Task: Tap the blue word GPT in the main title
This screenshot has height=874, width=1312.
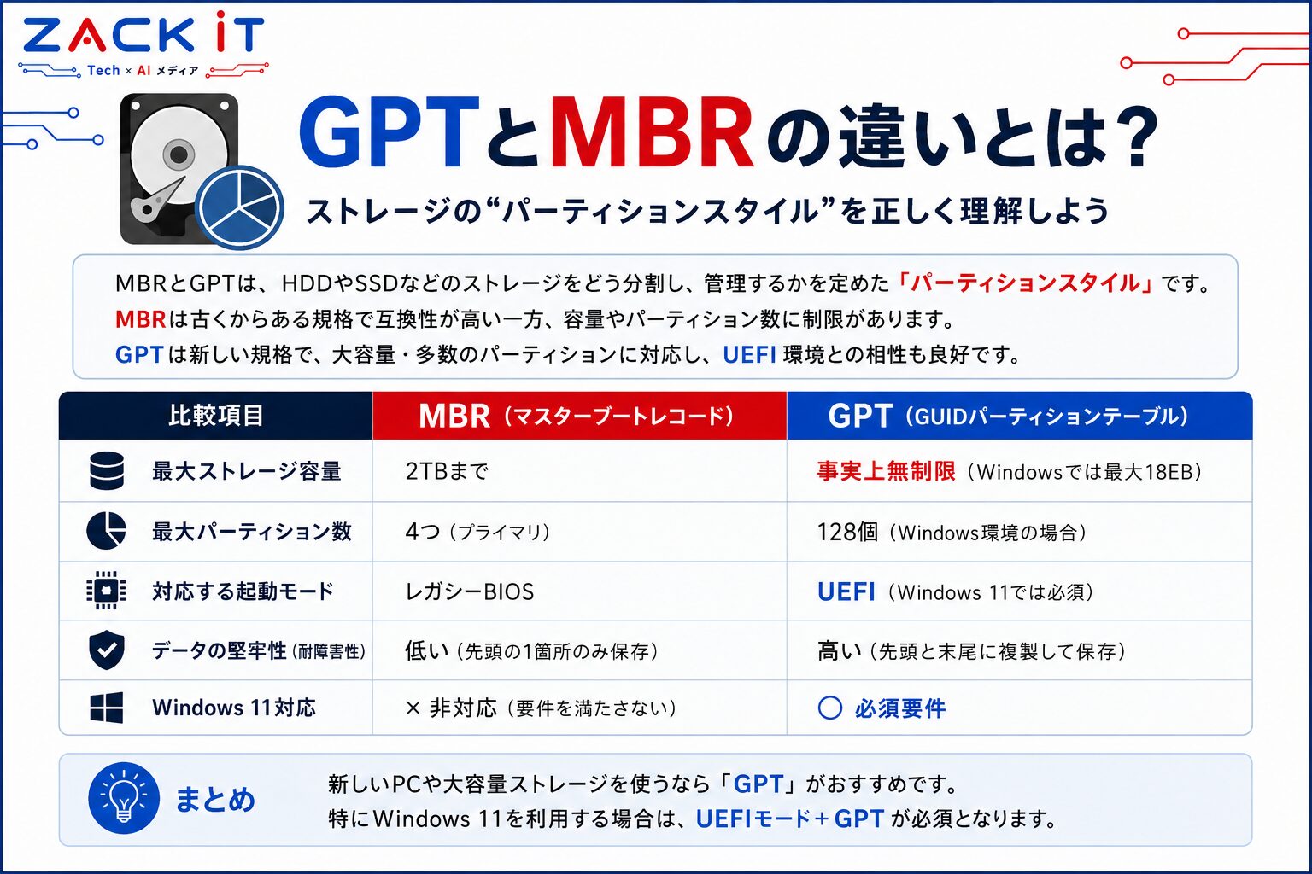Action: coord(389,133)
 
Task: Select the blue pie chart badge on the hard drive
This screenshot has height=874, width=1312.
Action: coord(239,207)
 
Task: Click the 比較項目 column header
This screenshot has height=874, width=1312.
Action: coord(216,416)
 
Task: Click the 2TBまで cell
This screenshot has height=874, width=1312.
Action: coord(447,471)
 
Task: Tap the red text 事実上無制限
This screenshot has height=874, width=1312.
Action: coord(886,471)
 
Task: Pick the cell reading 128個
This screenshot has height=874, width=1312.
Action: coord(847,532)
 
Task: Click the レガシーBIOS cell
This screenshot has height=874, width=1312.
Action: coord(470,591)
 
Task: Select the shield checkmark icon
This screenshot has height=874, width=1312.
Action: coord(106,650)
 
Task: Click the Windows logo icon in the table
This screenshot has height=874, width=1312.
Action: coord(107,708)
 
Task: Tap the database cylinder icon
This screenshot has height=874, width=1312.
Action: coord(107,470)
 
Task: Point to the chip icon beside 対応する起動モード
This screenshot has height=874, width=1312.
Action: coord(106,590)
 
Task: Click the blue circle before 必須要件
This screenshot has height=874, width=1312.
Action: coord(830,708)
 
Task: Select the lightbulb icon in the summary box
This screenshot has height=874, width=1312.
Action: coord(124,798)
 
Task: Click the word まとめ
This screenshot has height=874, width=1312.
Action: coord(215,799)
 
